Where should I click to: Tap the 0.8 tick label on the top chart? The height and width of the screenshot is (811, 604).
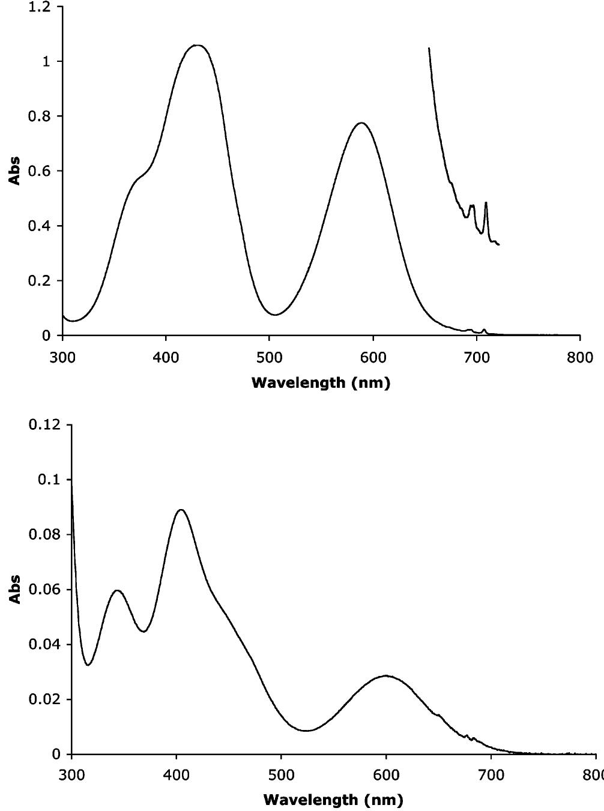[40, 116]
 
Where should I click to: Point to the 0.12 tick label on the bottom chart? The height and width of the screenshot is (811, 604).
[44, 425]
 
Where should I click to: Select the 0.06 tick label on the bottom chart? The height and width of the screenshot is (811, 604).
[44, 589]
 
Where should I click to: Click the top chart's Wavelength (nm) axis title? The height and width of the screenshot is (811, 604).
[321, 382]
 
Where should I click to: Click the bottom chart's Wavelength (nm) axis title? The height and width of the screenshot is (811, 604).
[333, 800]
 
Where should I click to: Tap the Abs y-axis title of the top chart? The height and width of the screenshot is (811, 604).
[14, 170]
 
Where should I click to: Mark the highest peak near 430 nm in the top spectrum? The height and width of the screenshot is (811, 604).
[197, 45]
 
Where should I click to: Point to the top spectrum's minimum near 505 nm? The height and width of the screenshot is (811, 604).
[275, 315]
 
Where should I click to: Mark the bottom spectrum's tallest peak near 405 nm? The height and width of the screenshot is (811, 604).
[181, 510]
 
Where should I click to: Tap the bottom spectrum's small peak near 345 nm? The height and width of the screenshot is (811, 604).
[118, 591]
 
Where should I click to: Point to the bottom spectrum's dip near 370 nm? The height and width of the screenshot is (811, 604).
[144, 632]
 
